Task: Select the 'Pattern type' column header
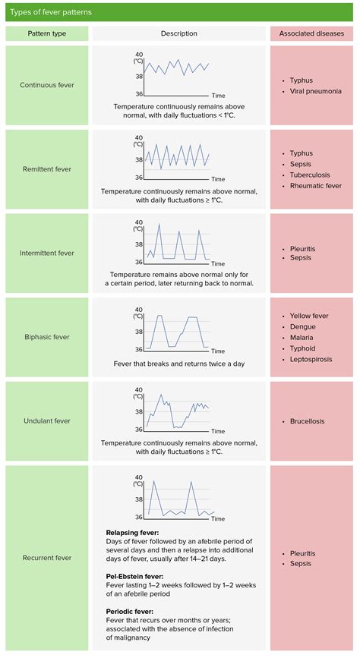pos(46,34)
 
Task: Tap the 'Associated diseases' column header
pos(311,34)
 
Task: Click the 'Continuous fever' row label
pos(46,85)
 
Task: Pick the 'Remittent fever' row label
pos(46,169)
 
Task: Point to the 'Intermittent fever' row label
pos(46,253)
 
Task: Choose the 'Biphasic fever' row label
pos(46,337)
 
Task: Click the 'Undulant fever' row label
pos(46,420)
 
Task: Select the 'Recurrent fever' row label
pos(46,558)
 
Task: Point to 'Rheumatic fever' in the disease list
pos(316,185)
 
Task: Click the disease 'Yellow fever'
pos(309,316)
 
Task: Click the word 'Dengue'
pos(302,326)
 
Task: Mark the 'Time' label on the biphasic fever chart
pos(218,351)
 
